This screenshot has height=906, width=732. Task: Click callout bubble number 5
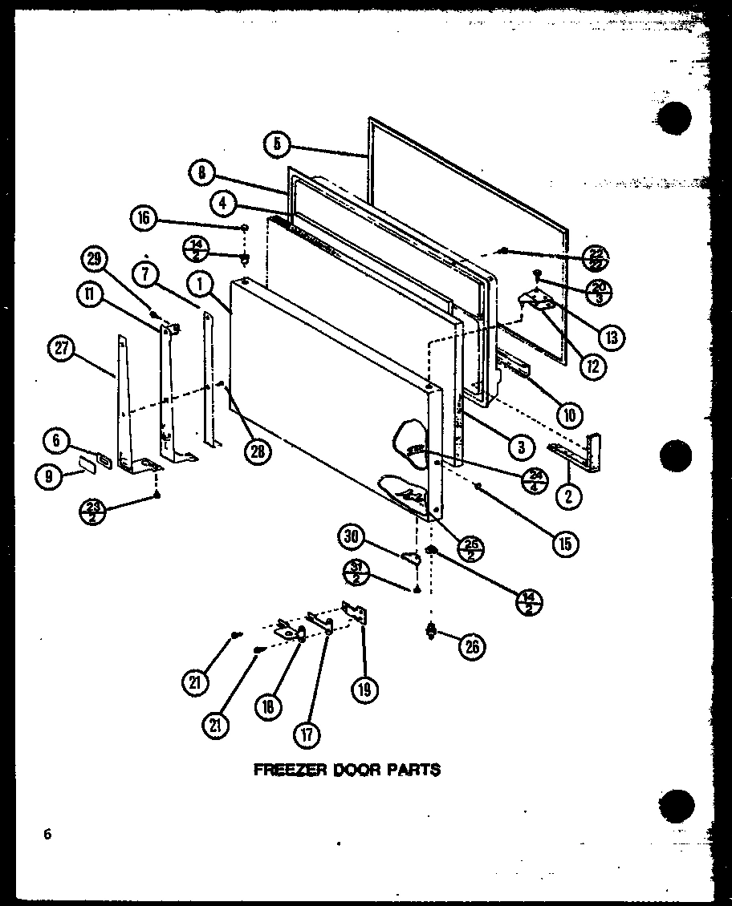click(x=275, y=144)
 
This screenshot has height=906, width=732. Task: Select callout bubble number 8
click(x=202, y=172)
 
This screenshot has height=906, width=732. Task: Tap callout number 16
click(x=144, y=217)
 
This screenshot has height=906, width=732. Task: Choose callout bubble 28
click(x=258, y=451)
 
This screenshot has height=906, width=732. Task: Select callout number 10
click(x=569, y=415)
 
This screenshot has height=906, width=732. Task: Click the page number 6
click(x=48, y=835)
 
